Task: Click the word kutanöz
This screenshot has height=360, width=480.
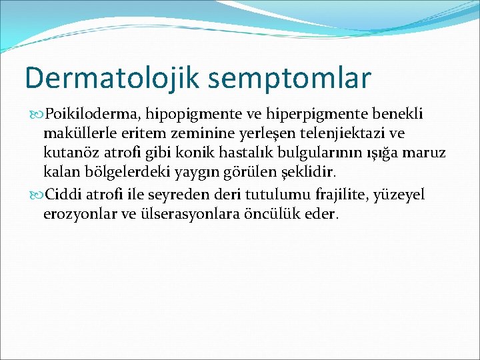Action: point(69,154)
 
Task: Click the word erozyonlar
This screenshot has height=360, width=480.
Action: point(78,214)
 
